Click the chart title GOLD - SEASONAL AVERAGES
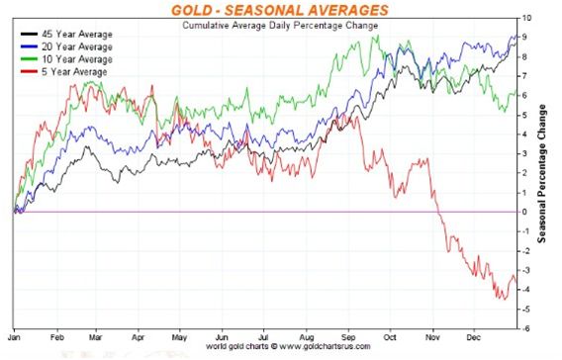[x=280, y=10]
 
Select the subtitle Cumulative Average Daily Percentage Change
[x=280, y=26]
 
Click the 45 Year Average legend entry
[x=66, y=35]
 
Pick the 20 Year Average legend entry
[x=66, y=46]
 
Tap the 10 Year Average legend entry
[x=66, y=59]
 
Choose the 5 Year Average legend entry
[x=63, y=72]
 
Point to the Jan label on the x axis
[x=14, y=338]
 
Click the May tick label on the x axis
[x=179, y=338]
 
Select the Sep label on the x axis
[x=348, y=338]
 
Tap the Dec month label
[x=474, y=338]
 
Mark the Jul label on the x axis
[x=263, y=338]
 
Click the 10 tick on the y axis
[x=526, y=18]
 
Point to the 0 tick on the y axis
[x=524, y=212]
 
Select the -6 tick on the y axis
[x=525, y=328]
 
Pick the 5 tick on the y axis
[x=524, y=115]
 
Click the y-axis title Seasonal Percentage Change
[x=542, y=174]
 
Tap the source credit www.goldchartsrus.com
[x=325, y=347]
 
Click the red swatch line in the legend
[x=29, y=71]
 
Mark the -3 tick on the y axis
[x=525, y=270]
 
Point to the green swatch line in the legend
[x=29, y=59]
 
